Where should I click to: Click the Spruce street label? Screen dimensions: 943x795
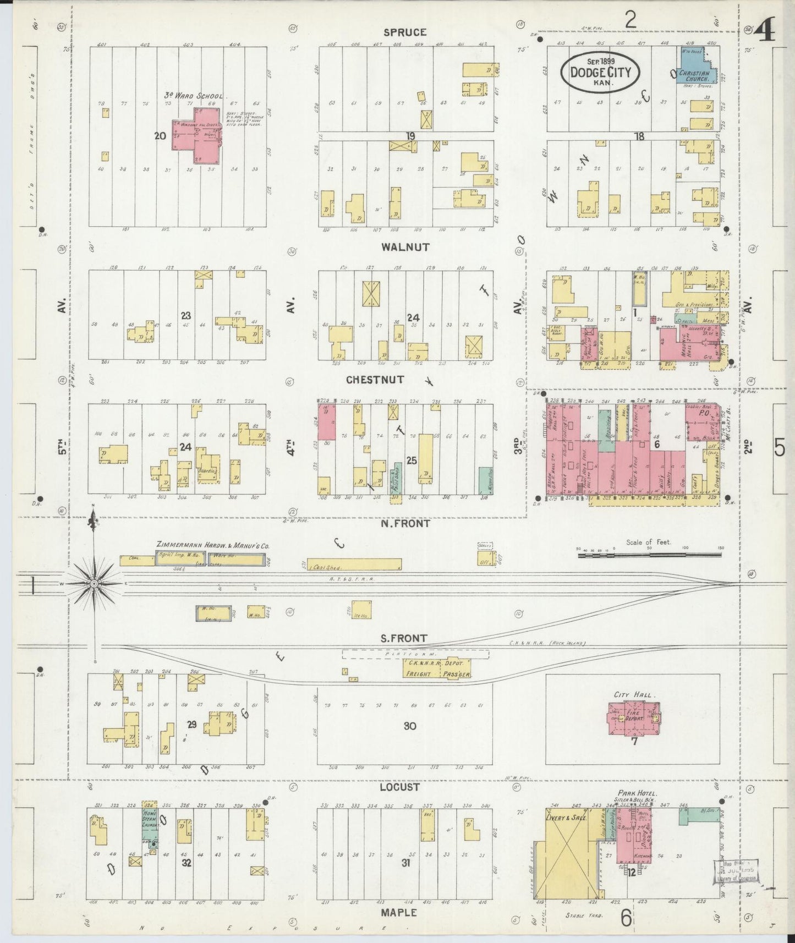[405, 32]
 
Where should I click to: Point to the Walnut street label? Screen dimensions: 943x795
[405, 248]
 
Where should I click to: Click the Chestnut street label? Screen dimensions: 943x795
[375, 380]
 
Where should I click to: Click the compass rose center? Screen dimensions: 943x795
[94, 583]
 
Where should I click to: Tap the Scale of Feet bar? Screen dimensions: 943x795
[650, 555]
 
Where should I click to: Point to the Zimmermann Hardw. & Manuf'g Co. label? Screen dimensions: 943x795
[212, 545]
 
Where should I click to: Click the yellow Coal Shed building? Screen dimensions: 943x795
[354, 565]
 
